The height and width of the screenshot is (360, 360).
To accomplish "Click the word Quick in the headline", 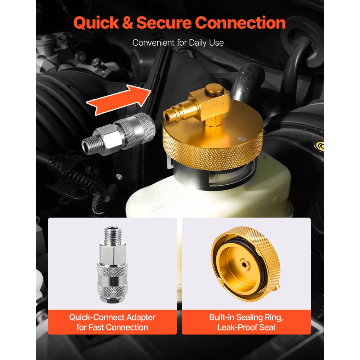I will pyautogui.click(x=96, y=23).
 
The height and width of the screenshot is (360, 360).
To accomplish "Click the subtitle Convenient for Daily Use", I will pyautogui.click(x=178, y=42).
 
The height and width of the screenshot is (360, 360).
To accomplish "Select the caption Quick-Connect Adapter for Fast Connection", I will pyautogui.click(x=112, y=322).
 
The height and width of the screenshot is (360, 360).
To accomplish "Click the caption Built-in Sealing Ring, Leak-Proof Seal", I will pyautogui.click(x=246, y=322).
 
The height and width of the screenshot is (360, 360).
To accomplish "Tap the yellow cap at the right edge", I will pyautogui.click(x=320, y=146).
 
